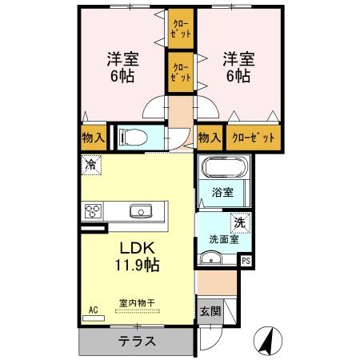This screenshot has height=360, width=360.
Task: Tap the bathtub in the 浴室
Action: click(223, 168)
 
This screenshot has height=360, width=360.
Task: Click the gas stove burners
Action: click(93, 212)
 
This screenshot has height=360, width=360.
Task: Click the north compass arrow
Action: click(268, 342)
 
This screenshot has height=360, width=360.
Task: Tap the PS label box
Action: click(246, 260)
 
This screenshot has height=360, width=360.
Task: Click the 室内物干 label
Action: click(137, 302)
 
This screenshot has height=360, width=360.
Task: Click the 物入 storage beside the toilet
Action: click(94, 138)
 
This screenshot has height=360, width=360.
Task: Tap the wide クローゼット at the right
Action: click(254, 138)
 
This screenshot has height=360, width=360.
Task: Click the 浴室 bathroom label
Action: click(223, 192)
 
